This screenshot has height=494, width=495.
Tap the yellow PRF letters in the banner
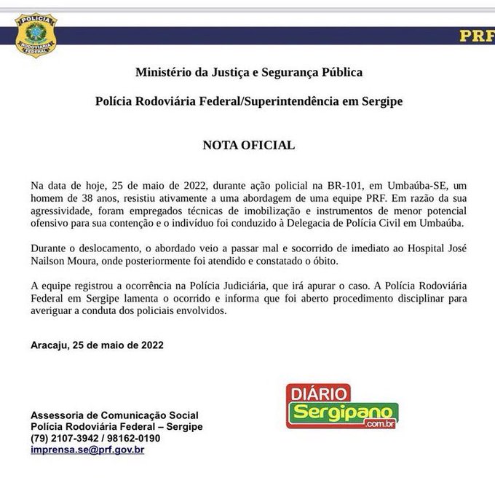point(476,36)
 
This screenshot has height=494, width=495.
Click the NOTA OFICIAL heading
point(248,145)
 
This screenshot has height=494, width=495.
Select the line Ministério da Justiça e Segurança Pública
point(248,72)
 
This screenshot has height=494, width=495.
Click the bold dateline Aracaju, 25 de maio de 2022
point(98,345)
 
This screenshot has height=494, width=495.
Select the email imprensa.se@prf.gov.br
point(87,450)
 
